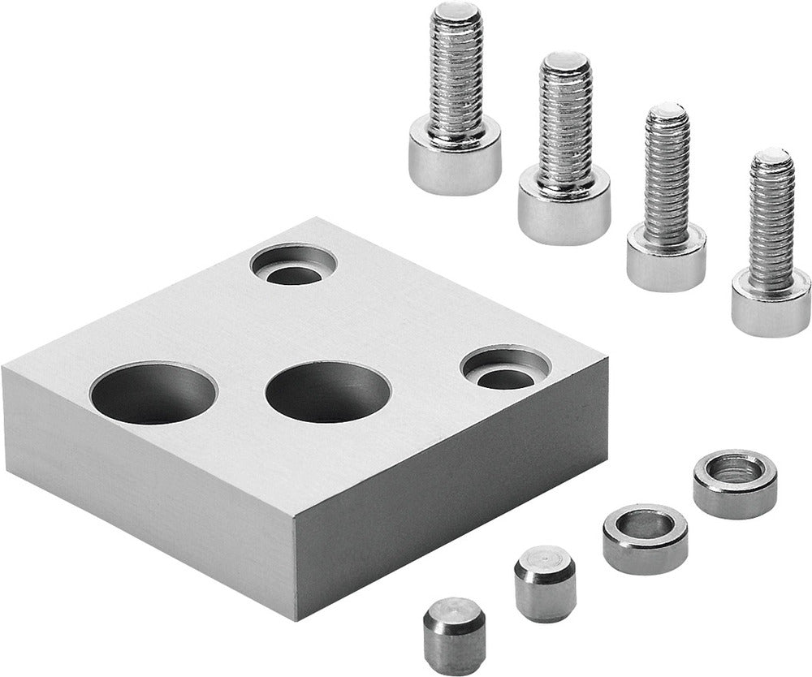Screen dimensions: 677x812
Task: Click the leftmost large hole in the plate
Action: [x=153, y=394]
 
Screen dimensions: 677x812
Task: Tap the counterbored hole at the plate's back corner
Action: [x=294, y=266]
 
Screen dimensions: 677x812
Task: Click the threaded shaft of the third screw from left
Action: [x=667, y=175]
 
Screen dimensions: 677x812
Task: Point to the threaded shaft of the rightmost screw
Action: [x=771, y=219]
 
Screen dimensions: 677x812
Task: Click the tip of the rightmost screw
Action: [x=771, y=156]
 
